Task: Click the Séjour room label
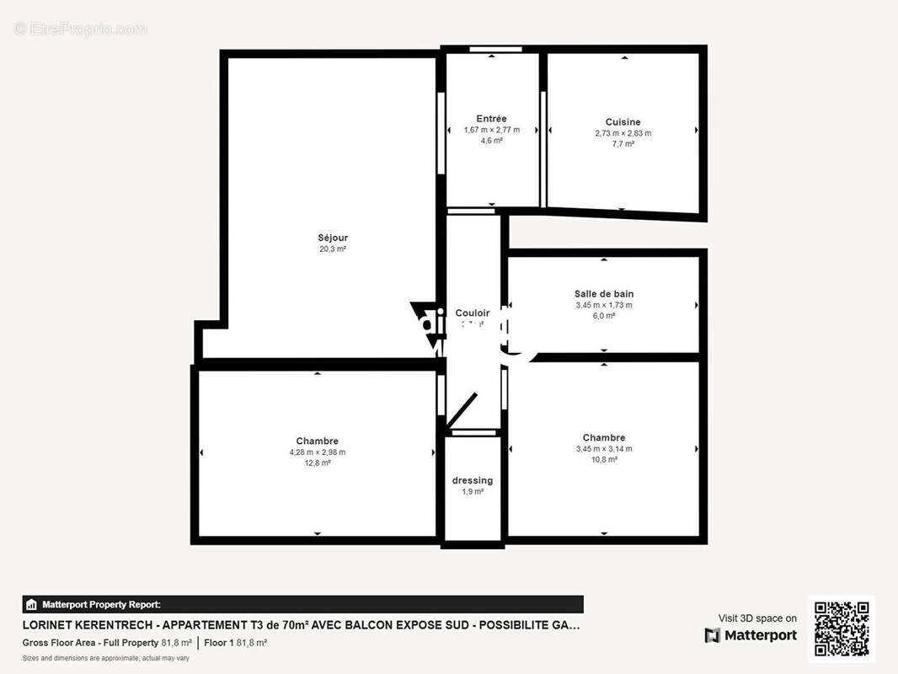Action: coord(333,238)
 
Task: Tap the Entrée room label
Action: coord(491,119)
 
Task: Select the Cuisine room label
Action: coord(623,122)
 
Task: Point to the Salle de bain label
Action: coord(603,294)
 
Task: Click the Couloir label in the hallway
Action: coord(473,313)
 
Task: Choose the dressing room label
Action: coord(473,480)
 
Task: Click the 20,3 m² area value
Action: coord(333,249)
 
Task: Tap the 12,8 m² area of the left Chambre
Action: coord(318,463)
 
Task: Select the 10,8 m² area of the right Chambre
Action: coord(603,460)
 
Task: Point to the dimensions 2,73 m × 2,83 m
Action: coord(623,133)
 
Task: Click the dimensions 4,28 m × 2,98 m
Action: coord(318,452)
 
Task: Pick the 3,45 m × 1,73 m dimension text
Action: coord(603,305)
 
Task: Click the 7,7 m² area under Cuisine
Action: coord(623,144)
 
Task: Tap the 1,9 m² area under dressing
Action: coord(473,491)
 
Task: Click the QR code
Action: coord(842,629)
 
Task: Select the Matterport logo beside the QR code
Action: coord(751,635)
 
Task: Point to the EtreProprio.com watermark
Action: coord(80,29)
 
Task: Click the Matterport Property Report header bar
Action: coord(302,604)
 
